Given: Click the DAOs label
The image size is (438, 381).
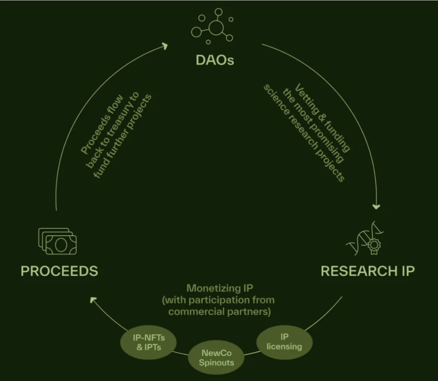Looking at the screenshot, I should tap(215, 60).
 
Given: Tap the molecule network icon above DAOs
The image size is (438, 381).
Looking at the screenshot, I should tap(213, 26).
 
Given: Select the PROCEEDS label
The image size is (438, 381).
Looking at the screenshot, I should tap(59, 271).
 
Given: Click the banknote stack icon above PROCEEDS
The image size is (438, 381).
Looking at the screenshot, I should tap(57, 241).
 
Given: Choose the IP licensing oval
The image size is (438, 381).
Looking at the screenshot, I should tap(284, 342).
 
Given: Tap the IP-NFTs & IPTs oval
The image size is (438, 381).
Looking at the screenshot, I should tap(149, 343).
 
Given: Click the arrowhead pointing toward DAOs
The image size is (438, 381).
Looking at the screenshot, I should tap(164, 46).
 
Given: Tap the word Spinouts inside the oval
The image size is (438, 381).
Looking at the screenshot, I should tap(217, 362).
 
